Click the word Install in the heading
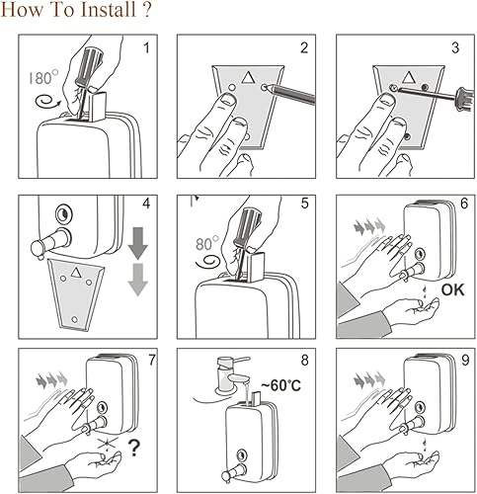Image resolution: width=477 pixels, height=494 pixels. tap(108, 9)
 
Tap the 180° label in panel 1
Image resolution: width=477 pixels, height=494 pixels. tap(43, 78)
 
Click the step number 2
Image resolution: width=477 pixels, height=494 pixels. tap(304, 48)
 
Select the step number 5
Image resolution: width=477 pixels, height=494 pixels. tap(304, 204)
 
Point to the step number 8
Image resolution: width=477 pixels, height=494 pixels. tap(304, 361)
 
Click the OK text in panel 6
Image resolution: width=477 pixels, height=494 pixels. tap(453, 289)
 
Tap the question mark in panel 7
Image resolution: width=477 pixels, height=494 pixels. tap(134, 448)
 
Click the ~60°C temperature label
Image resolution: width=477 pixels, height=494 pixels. tap(281, 385)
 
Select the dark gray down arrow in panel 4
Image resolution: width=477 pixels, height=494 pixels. tap(138, 243)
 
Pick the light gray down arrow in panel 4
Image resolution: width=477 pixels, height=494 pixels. tap(138, 280)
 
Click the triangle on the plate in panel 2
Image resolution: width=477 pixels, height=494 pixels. tap(247, 77)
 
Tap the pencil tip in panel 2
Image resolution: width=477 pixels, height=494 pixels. tap(268, 88)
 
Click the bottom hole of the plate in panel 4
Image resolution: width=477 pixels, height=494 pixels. tap(75, 319)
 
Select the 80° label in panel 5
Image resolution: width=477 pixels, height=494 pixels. tap(207, 244)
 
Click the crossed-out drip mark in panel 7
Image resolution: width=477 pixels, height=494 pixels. tap(108, 445)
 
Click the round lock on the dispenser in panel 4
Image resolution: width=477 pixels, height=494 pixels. tap(63, 214)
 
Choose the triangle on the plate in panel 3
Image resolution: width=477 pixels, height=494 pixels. tap(408, 77)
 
